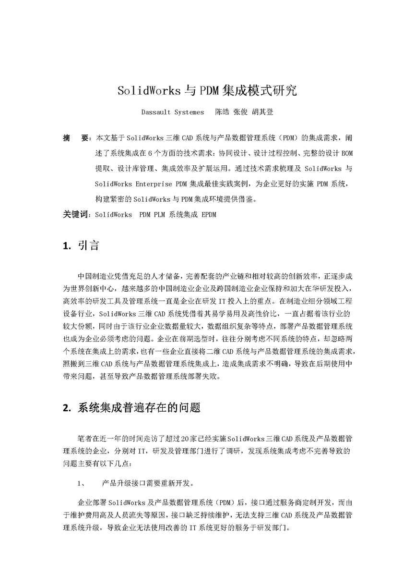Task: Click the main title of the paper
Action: tap(207, 90)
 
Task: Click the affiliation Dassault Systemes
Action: tap(172, 112)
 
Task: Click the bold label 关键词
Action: tap(77, 215)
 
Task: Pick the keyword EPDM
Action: tap(209, 215)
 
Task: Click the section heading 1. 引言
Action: tap(81, 245)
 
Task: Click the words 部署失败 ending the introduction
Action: tap(206, 377)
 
